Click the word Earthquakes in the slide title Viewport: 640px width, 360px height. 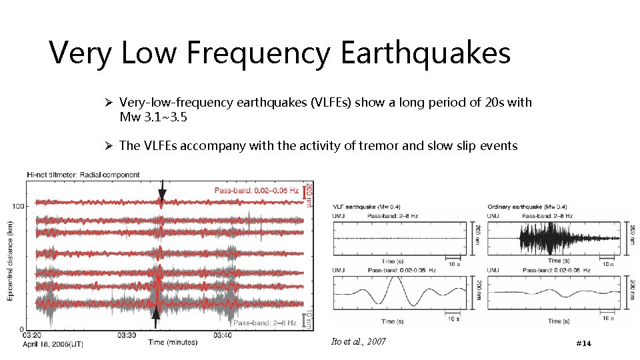[x=425, y=53]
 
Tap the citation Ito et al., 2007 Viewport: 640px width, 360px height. [x=358, y=341]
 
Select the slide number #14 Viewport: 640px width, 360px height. [x=583, y=343]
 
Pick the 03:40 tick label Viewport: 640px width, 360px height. [x=222, y=336]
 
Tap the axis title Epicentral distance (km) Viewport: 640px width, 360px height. [x=11, y=261]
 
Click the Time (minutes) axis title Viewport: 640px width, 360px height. [x=173, y=343]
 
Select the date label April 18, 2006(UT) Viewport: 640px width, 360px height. [x=53, y=344]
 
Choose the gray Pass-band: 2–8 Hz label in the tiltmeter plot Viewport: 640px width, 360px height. [x=265, y=323]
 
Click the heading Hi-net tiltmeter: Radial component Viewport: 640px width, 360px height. [x=83, y=175]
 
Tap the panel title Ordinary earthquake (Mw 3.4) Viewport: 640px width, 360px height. [x=527, y=206]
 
